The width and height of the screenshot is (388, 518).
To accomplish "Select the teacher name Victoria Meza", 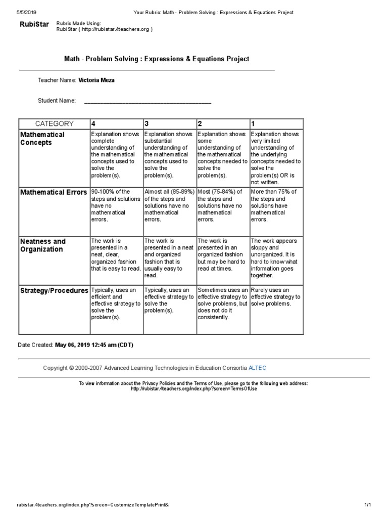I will click(x=96, y=80).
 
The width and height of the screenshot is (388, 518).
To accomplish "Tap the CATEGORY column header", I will click(x=54, y=123).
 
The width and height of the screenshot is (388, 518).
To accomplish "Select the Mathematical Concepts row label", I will click(x=42, y=139).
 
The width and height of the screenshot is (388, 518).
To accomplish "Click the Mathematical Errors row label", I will click(x=54, y=192).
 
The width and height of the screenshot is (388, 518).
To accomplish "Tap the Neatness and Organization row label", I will click(x=43, y=245).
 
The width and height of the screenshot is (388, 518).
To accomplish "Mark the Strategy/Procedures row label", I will click(x=54, y=291).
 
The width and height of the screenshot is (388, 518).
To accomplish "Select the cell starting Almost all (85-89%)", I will click(x=169, y=205).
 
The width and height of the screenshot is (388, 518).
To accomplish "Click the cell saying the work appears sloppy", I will click(x=276, y=258).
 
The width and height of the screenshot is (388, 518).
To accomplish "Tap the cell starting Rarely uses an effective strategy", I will click(x=276, y=296).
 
